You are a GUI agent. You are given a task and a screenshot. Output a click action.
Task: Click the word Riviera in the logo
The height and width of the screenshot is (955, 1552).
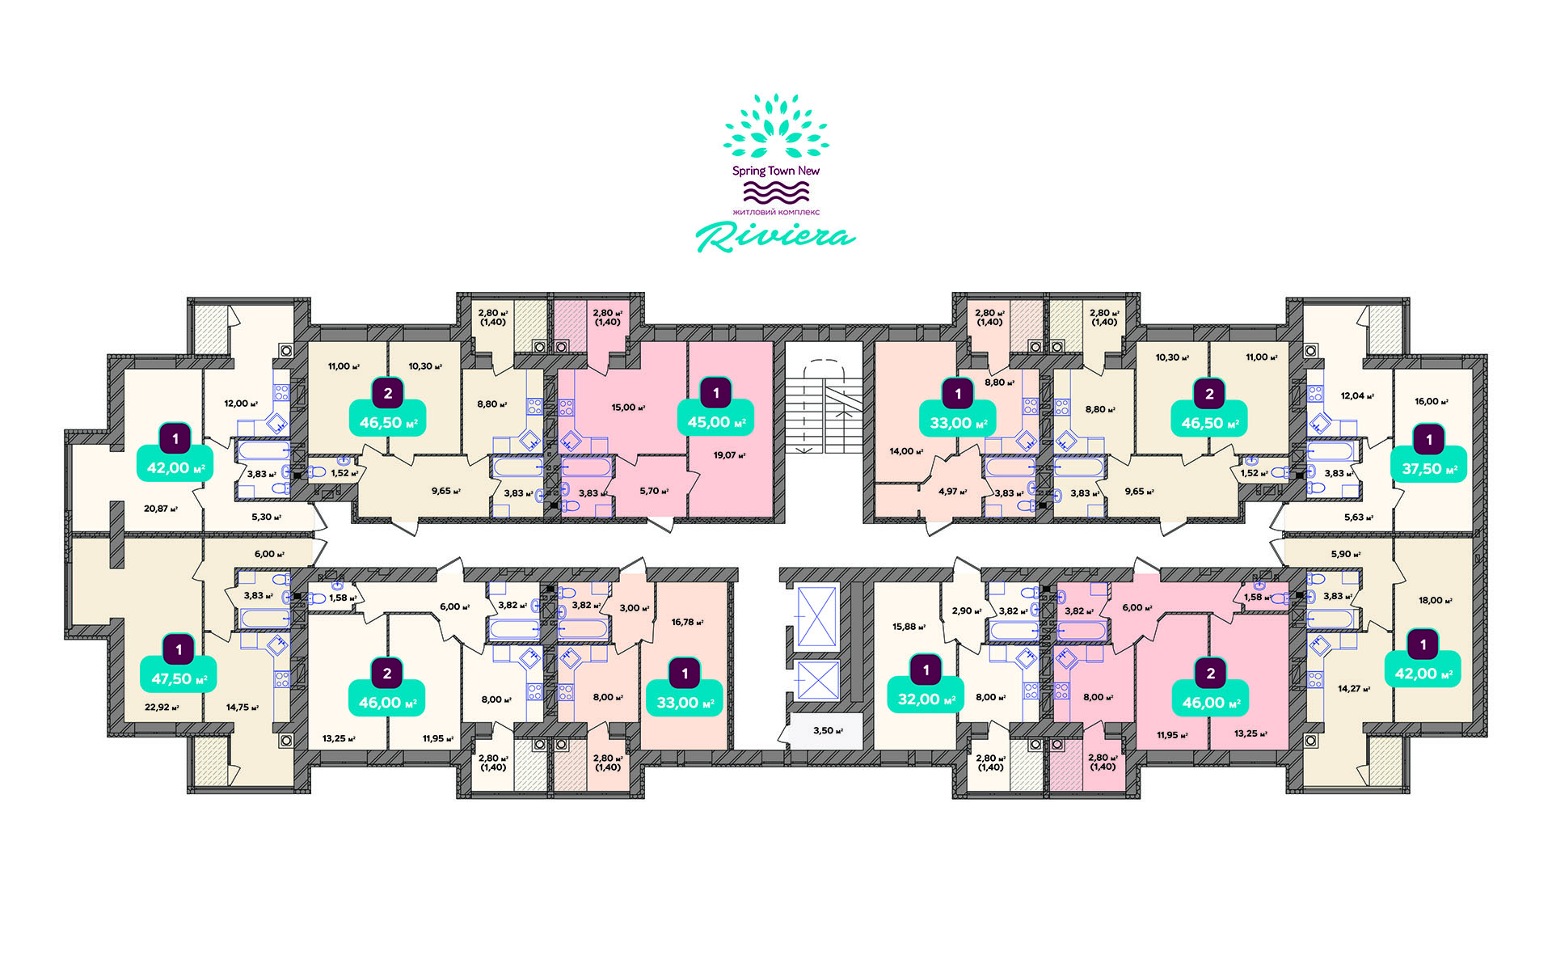(x=775, y=236)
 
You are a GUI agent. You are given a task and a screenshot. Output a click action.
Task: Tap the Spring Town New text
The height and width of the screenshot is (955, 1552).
(x=776, y=171)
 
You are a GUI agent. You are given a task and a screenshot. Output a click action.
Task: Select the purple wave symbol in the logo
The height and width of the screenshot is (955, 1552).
(x=776, y=192)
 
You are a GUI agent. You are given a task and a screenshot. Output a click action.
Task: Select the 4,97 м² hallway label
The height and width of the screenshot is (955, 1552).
(x=952, y=491)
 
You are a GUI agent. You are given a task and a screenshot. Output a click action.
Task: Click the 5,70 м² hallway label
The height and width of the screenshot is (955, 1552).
(x=654, y=491)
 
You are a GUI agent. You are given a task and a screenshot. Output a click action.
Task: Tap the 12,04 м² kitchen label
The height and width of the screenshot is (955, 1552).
(x=1357, y=396)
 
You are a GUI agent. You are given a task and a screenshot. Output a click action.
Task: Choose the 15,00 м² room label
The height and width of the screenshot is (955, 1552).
(x=628, y=408)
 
